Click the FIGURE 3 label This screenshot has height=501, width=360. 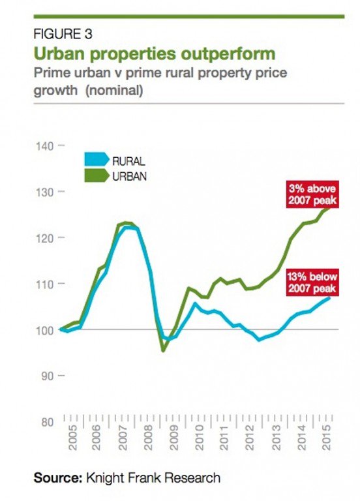[63, 34]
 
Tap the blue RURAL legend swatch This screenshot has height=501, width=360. [97, 159]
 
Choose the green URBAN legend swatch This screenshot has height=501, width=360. [97, 175]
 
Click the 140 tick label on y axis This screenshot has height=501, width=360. [45, 146]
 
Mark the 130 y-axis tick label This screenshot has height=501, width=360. [45, 192]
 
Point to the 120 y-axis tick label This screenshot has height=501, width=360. [45, 238]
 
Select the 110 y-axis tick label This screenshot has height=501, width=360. [45, 284]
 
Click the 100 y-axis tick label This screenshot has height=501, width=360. [45, 330]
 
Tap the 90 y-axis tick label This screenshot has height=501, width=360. [47, 376]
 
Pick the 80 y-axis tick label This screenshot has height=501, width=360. [47, 422]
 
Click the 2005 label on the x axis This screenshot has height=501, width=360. [73, 438]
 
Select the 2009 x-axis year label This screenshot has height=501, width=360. [173, 438]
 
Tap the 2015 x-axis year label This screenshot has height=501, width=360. [327, 438]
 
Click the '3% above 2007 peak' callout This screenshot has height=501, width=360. [312, 194]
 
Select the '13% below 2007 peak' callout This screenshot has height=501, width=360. [312, 282]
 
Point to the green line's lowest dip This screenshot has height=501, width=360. [163, 350]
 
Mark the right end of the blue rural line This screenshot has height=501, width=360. [329, 297]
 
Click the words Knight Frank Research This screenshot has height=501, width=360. [153, 478]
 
